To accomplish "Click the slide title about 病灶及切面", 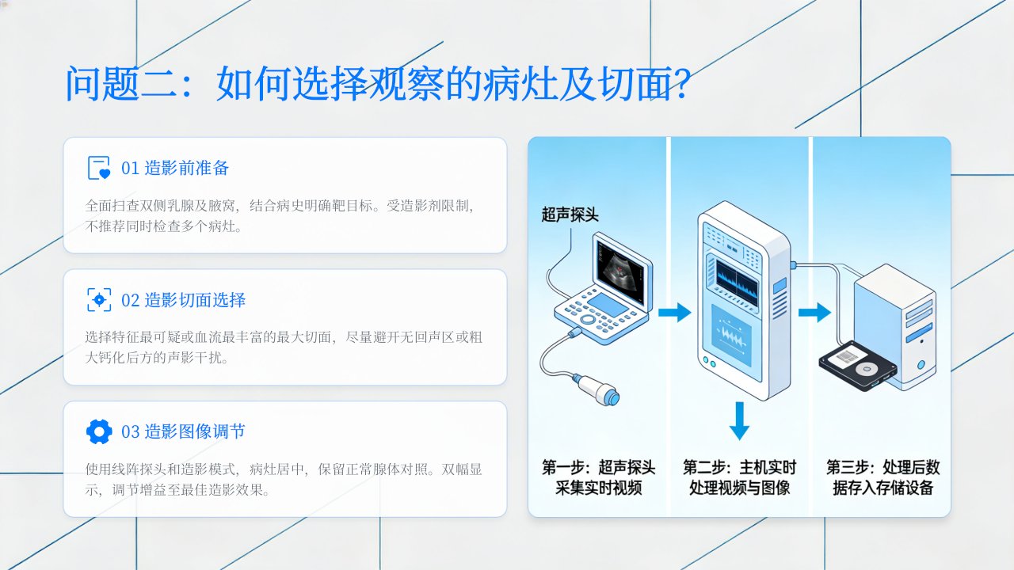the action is click(x=378, y=84).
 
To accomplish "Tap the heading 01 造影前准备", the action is click(x=175, y=169).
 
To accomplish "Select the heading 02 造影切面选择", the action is click(x=183, y=300).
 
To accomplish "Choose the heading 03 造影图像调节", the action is click(x=183, y=431).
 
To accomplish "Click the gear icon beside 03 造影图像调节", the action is click(x=99, y=431).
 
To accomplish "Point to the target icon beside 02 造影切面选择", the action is click(x=99, y=300).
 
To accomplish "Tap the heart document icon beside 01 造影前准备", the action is click(x=99, y=168).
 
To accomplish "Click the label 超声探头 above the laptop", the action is click(x=570, y=215).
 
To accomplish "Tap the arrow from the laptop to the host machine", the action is click(x=674, y=312).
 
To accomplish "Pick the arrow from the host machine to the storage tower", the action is click(x=814, y=312).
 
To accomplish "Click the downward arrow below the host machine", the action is click(x=739, y=420).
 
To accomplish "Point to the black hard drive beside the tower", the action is click(x=858, y=366).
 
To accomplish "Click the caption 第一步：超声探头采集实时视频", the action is click(x=598, y=477).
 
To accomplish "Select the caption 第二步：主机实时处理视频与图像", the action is click(x=739, y=477).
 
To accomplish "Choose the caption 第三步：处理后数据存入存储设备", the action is click(x=883, y=477).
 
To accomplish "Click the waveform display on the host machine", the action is click(x=738, y=283).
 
